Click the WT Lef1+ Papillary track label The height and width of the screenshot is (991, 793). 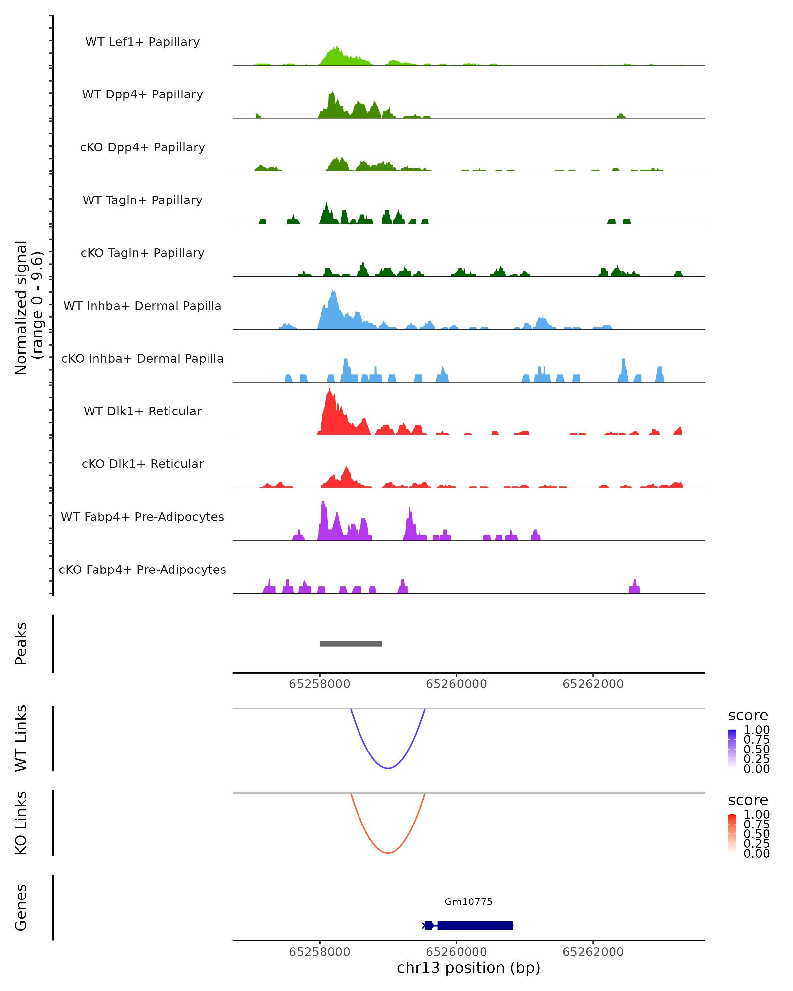pos(142,42)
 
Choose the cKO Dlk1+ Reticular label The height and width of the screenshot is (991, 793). pos(142,464)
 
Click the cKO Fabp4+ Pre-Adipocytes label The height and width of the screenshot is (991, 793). pos(142,569)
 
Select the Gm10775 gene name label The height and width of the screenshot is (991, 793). pos(469,902)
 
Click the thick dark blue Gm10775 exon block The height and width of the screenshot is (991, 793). pos(475,925)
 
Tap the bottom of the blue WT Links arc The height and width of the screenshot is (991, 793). pos(388,768)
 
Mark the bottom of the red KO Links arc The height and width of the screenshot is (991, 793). pos(388,853)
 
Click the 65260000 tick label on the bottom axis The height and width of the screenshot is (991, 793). pos(456,952)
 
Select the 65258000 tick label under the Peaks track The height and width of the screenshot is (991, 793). pos(320,684)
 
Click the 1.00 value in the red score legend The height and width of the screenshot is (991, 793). pos(757,815)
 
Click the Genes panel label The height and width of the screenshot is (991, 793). pos(21,907)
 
